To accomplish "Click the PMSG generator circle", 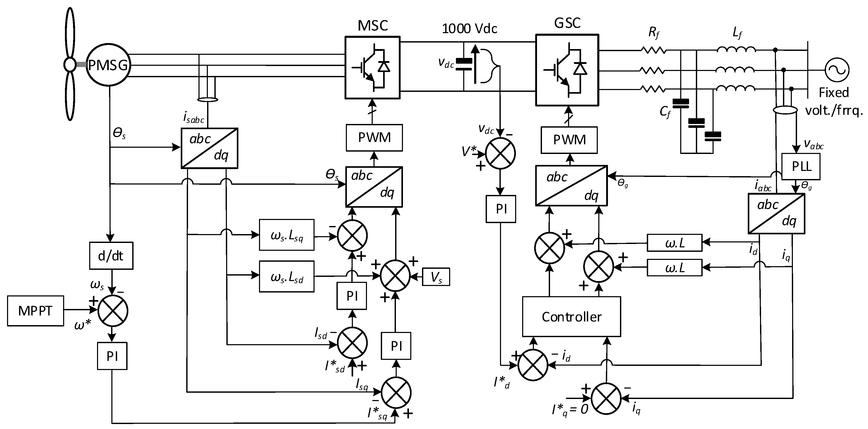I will [x=108, y=65].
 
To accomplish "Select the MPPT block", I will [x=35, y=311].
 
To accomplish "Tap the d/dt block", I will [x=111, y=256].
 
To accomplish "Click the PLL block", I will [x=801, y=166].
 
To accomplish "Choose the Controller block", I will [x=571, y=317].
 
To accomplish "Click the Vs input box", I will [x=436, y=277].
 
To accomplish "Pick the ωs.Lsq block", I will [x=287, y=235].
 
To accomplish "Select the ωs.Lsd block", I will [x=287, y=277].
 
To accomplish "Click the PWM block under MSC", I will [x=374, y=138].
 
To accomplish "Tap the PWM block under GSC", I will [x=569, y=140].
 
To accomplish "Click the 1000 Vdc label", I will [x=469, y=29].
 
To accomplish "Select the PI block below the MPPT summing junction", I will [x=112, y=356].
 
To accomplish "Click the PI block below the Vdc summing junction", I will [x=501, y=209].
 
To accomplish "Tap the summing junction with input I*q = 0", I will [x=606, y=399].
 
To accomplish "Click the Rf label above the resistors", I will [x=654, y=33].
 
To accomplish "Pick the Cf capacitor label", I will [x=665, y=111].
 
